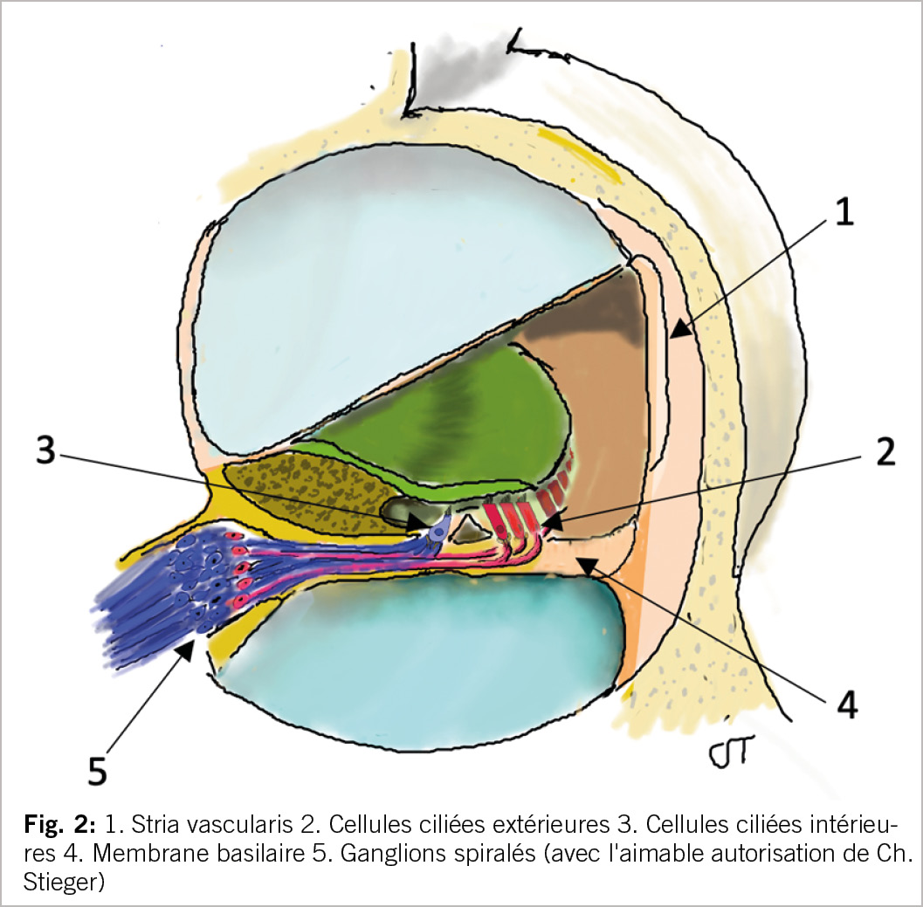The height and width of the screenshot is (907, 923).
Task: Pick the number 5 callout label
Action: click(99, 769)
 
